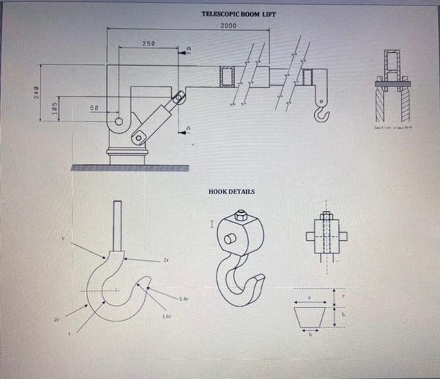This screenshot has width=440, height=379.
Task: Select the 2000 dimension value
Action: click(228, 26)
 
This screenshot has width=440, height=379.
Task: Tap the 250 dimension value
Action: click(148, 43)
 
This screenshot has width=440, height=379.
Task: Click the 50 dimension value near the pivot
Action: click(94, 108)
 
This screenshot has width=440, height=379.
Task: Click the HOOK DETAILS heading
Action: click(231, 192)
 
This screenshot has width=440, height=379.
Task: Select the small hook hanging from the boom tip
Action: click(320, 110)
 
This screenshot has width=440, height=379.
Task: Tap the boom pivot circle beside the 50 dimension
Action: click(119, 122)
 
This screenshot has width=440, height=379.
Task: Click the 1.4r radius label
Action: click(183, 299)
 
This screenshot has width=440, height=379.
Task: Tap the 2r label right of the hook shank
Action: click(166, 260)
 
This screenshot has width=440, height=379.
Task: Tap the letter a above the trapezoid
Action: click(309, 298)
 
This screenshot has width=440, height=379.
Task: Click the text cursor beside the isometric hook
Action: click(213, 224)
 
